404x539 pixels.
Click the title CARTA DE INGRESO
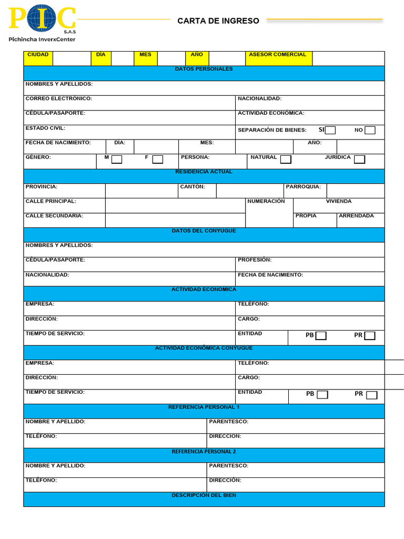(218, 21)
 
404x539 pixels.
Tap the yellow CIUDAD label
(38, 55)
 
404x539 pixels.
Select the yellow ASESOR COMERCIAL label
(277, 55)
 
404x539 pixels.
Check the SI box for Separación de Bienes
(330, 130)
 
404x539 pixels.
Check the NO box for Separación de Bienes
(370, 130)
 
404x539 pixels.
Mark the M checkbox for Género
(117, 159)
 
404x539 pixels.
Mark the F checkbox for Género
(157, 159)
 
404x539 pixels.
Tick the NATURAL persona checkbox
(286, 159)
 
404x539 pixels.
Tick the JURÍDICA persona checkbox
(359, 159)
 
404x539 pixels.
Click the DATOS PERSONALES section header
(204, 69)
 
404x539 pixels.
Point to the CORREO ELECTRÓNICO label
(58, 99)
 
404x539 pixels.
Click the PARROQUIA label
(303, 187)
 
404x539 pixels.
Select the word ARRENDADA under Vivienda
(356, 216)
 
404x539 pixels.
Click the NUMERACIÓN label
(266, 202)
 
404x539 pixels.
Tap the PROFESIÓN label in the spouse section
(255, 260)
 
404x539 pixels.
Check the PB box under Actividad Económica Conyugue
(322, 395)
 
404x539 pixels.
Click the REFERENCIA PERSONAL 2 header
(204, 452)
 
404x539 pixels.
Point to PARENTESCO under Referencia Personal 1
(228, 422)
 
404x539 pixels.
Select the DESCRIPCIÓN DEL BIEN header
(204, 495)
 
